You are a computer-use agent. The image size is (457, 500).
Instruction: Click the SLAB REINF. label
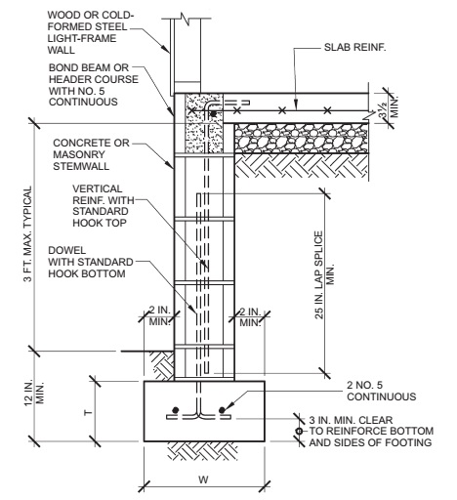coord(354,47)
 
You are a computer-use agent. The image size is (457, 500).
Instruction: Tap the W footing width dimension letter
coord(203,479)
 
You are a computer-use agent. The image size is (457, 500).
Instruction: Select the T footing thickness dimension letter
coord(88,413)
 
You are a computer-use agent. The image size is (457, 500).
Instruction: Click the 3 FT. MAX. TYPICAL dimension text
coord(28,233)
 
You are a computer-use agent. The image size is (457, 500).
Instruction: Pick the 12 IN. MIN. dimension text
coord(34,393)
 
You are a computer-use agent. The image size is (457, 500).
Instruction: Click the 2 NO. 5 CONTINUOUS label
coord(381,391)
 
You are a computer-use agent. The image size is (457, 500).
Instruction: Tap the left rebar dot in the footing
coord(176,410)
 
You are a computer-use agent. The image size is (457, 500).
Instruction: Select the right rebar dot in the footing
coord(222,410)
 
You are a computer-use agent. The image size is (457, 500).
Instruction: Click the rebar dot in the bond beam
coord(213,114)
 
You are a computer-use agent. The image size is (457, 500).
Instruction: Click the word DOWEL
coord(62,250)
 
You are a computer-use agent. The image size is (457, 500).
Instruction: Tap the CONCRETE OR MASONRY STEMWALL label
coord(91,154)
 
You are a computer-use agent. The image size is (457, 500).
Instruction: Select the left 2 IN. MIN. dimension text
coord(160,315)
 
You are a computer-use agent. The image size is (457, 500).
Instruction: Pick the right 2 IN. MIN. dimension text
coord(250,316)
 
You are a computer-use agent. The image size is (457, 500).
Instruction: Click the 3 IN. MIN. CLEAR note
coord(351,420)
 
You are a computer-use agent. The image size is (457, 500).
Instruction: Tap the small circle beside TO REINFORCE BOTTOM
coord(299,432)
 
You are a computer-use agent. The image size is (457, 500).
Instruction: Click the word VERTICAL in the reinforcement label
coord(98,188)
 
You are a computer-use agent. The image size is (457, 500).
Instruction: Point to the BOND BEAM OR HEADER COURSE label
coord(94,85)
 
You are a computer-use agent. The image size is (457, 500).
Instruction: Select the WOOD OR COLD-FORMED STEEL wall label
coord(91,32)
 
